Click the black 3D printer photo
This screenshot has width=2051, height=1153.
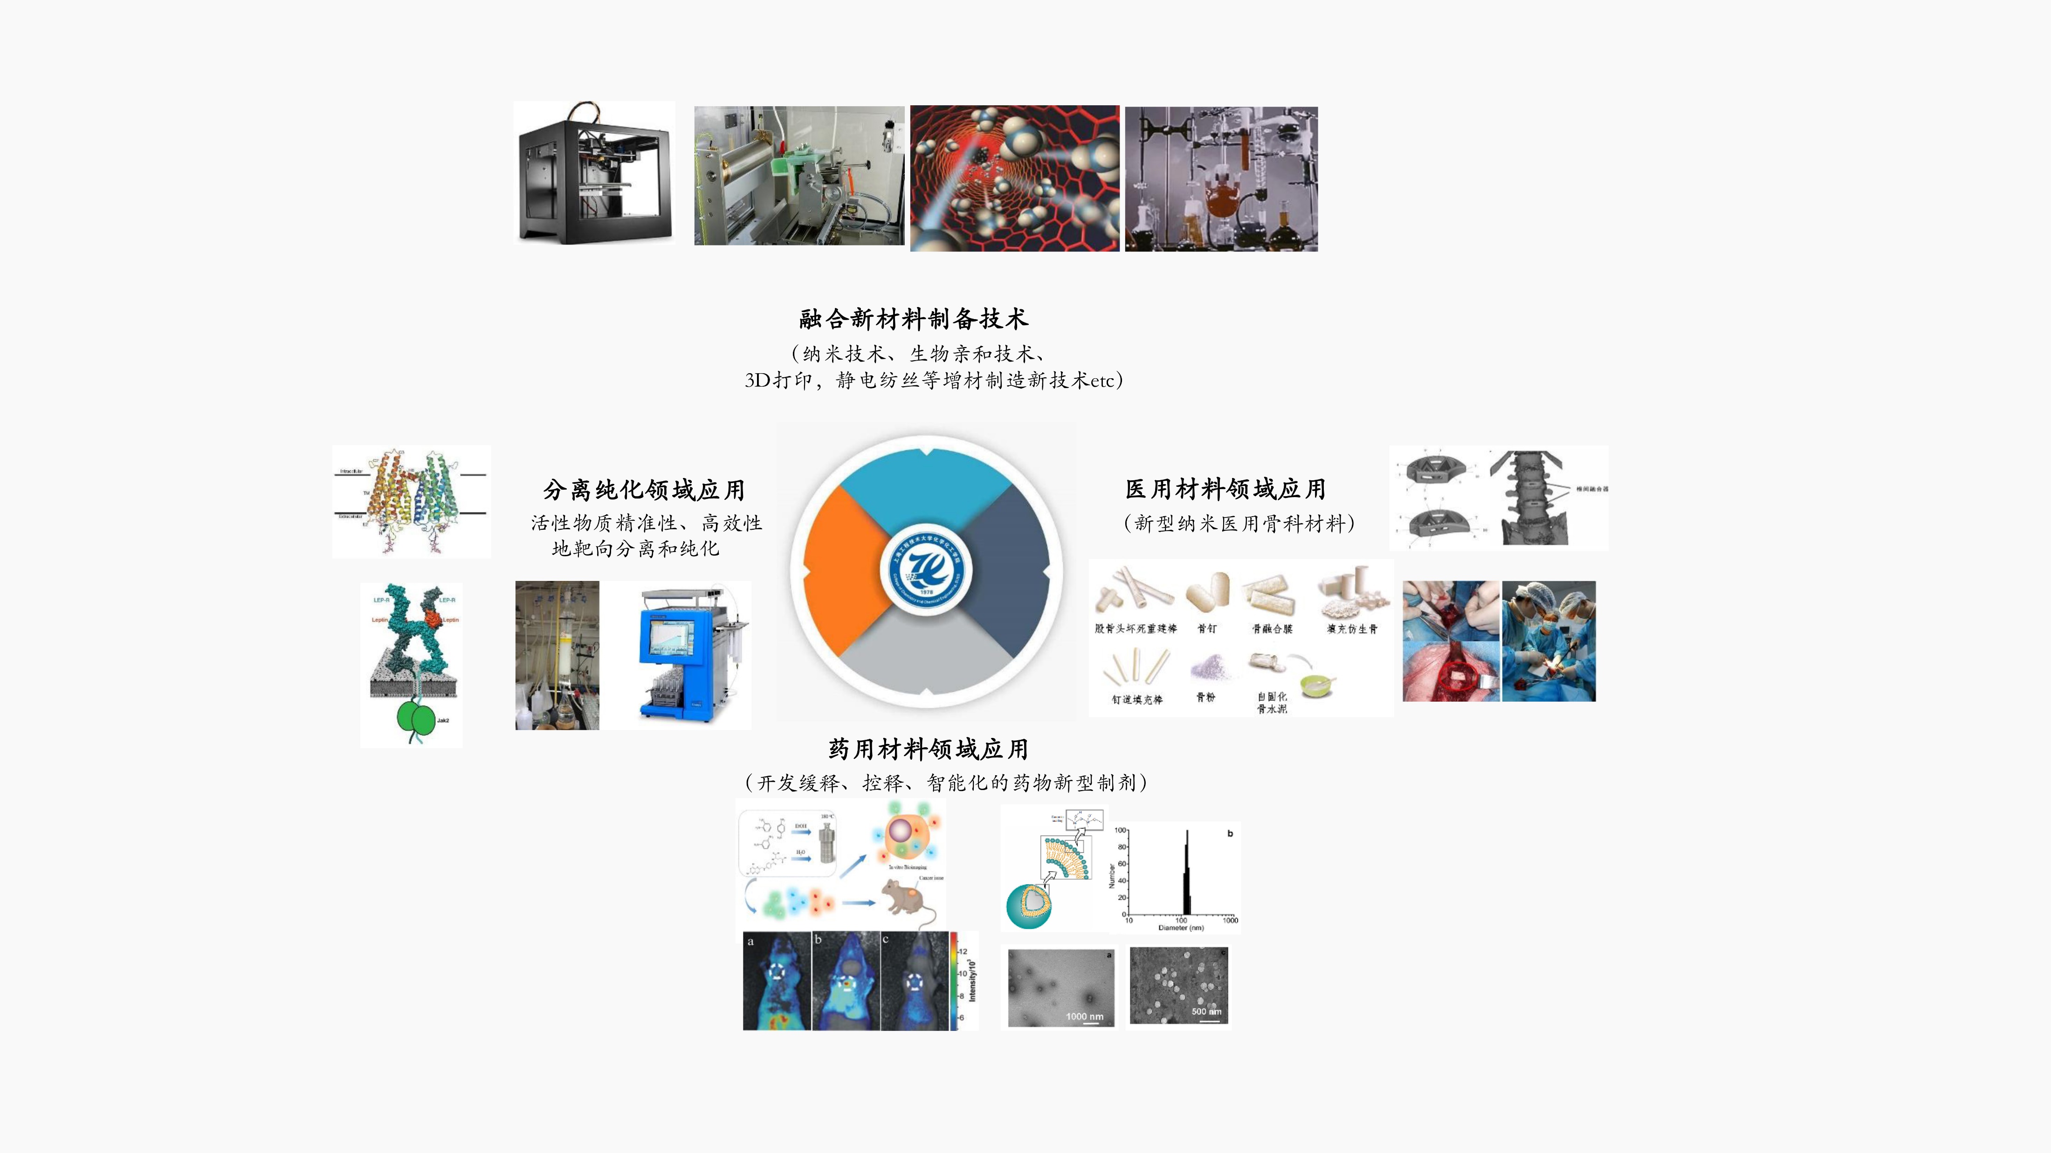tap(594, 173)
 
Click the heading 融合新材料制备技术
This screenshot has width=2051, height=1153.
tap(913, 319)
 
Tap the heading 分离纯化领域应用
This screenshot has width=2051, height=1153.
tap(643, 489)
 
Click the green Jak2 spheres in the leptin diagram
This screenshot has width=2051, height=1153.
tap(416, 718)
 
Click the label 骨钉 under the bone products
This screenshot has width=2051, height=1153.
tap(1207, 628)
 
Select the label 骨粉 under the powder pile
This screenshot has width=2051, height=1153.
tap(1205, 697)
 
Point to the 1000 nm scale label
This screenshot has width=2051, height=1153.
tap(1084, 1016)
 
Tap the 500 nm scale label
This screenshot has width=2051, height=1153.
tap(1206, 1011)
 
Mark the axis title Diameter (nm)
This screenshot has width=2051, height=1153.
tap(1181, 928)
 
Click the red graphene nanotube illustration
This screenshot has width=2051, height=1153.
tap(1014, 178)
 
